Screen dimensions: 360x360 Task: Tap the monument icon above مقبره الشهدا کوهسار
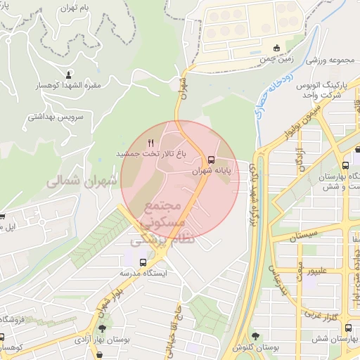click(68, 75)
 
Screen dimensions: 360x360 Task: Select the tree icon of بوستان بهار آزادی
click(103, 328)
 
